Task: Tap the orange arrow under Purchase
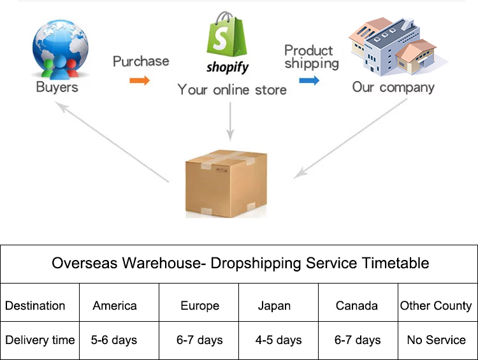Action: click(x=140, y=80)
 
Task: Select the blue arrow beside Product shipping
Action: click(x=309, y=80)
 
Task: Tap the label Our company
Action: click(x=393, y=87)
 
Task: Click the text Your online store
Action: click(x=232, y=89)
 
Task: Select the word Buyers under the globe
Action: click(x=57, y=87)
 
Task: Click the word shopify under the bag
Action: click(x=228, y=67)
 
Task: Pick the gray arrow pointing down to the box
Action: click(x=231, y=121)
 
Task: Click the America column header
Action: click(x=115, y=306)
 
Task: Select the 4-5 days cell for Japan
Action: click(x=279, y=340)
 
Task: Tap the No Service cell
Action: click(x=437, y=340)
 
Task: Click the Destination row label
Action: click(x=35, y=306)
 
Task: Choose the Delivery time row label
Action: click(x=40, y=340)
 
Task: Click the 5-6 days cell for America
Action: click(x=114, y=340)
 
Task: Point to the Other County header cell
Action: click(x=436, y=306)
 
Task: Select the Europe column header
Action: click(x=199, y=306)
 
